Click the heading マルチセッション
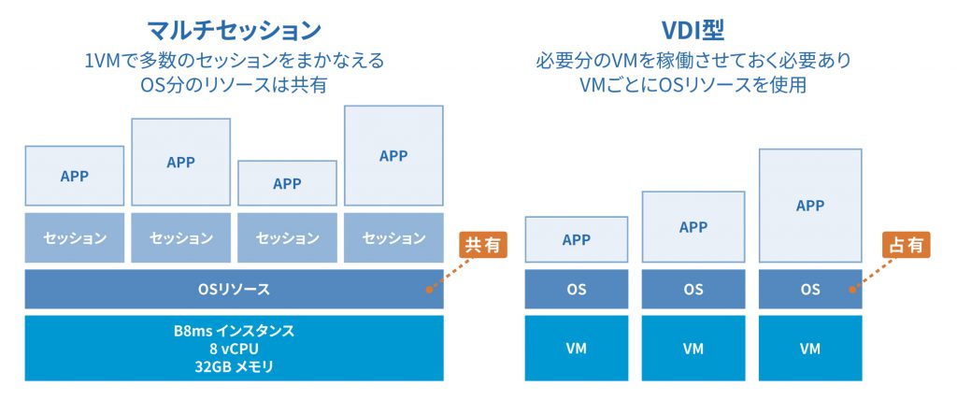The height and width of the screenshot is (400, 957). click(x=235, y=29)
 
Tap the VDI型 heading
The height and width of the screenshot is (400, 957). click(x=693, y=29)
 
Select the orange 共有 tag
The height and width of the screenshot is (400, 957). click(x=483, y=245)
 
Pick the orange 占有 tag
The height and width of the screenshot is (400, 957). click(x=906, y=245)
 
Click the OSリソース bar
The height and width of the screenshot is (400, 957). click(x=235, y=289)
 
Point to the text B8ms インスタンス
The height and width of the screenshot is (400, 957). click(x=235, y=332)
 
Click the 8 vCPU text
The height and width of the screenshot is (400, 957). click(x=235, y=350)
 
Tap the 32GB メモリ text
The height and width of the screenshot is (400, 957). click(x=235, y=367)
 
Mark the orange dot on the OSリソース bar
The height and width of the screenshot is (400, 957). click(x=430, y=290)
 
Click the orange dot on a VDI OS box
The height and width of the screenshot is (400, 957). click(x=852, y=290)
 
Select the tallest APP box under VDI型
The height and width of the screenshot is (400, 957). click(x=810, y=206)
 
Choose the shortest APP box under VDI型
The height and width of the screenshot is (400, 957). click(x=576, y=240)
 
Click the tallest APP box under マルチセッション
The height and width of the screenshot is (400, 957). click(x=393, y=156)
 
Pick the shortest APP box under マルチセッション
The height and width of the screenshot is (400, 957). click(x=287, y=183)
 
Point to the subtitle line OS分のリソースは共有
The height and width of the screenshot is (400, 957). click(x=235, y=85)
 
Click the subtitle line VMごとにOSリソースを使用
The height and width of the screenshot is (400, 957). click(x=693, y=85)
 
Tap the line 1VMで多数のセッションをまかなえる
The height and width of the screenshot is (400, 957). click(x=235, y=61)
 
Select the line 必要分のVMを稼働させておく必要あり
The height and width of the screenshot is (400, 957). click(x=693, y=61)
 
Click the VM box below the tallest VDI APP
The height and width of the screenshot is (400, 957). click(x=810, y=348)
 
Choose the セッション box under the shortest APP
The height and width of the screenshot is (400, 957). click(x=287, y=237)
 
